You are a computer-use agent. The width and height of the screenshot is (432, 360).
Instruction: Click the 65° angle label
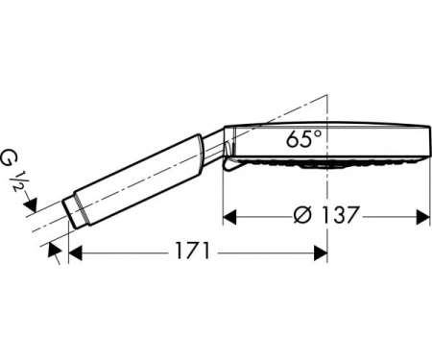[303, 138]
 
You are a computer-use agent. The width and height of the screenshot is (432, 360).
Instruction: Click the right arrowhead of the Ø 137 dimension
[423, 216]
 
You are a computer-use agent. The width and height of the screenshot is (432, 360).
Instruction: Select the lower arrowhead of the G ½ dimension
[53, 249]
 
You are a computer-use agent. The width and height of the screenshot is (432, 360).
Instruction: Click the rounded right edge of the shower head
[426, 145]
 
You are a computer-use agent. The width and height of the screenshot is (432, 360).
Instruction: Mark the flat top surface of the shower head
[326, 126]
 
